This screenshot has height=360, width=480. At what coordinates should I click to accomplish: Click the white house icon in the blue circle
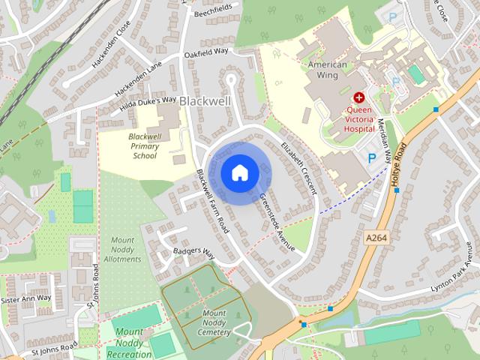click(x=239, y=172)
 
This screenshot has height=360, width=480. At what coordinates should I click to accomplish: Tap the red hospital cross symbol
click(x=358, y=97)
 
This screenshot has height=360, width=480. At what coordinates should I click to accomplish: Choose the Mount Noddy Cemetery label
click(x=214, y=322)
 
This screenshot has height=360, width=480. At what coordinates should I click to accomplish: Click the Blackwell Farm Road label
click(x=212, y=200)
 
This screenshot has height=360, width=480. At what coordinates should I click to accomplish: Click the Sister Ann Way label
click(x=27, y=298)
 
